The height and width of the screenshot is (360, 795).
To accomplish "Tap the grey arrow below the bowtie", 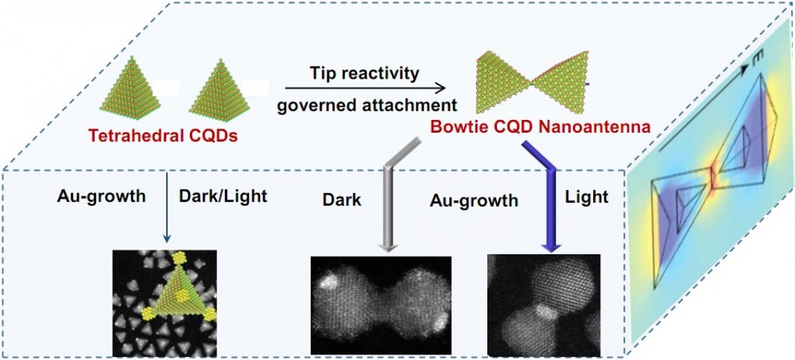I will [391, 199].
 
